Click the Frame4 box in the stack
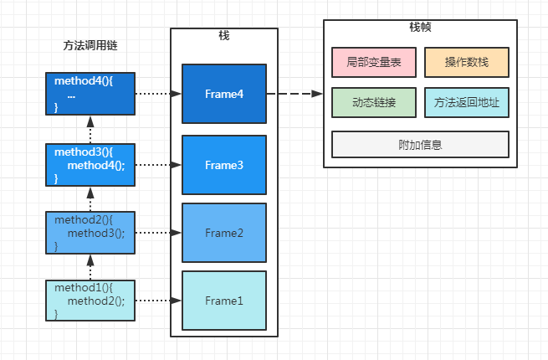tap(224, 94)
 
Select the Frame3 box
tap(224, 165)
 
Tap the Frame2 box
tap(224, 233)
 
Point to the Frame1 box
tap(224, 300)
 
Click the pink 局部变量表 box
tap(373, 62)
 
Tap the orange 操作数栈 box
tap(466, 62)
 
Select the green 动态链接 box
tap(373, 102)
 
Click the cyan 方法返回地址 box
tap(466, 102)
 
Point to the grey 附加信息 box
tap(420, 144)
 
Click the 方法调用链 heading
tap(90, 44)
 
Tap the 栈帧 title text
tap(420, 27)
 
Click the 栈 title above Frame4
tap(223, 36)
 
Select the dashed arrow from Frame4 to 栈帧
tap(294, 94)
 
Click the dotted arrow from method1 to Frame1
tap(158, 300)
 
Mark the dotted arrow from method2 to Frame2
tap(158, 233)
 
